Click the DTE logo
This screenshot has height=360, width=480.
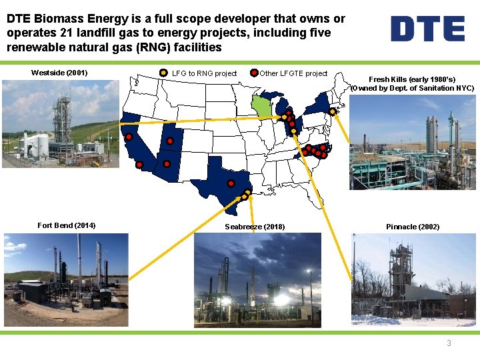coord(427,29)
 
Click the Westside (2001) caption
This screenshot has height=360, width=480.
coord(60,73)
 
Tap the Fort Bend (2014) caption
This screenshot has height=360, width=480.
coord(66,225)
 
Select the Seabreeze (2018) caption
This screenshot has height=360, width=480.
coord(255,227)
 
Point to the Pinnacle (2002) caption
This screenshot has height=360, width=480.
coord(413,227)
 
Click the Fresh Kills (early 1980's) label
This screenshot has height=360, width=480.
coord(412,79)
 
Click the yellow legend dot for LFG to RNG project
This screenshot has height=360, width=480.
coord(165,73)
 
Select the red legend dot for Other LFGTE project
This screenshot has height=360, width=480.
coord(254,73)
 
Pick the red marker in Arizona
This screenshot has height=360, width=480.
coord(167,164)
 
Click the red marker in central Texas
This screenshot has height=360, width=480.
coord(231,183)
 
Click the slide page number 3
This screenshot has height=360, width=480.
coord(449,343)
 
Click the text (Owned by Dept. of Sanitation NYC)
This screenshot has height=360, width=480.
coord(412,88)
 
